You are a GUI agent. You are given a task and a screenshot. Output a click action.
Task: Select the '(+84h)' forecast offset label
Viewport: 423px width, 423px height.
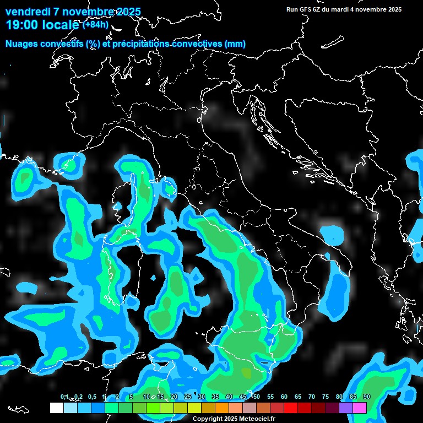click(x=95, y=25)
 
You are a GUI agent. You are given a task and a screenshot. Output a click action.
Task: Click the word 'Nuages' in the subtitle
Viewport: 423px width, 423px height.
click(x=21, y=44)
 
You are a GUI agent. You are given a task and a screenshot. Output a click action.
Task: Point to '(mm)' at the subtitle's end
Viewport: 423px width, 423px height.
click(x=235, y=44)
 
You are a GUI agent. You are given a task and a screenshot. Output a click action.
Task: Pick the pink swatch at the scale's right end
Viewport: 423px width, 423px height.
click(x=360, y=408)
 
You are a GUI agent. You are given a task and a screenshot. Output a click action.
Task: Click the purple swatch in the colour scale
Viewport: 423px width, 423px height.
click(x=346, y=408)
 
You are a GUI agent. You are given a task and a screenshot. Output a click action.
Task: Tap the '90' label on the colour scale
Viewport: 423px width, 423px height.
click(x=367, y=397)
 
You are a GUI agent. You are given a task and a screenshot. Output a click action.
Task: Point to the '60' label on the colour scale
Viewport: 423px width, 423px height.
click(x=284, y=397)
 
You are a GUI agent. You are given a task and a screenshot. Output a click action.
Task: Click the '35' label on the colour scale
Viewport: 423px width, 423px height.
click(x=215, y=397)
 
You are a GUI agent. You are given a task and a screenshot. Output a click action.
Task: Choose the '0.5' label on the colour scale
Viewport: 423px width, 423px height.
click(x=92, y=397)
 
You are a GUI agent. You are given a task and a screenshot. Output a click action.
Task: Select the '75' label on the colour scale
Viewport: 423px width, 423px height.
click(x=326, y=397)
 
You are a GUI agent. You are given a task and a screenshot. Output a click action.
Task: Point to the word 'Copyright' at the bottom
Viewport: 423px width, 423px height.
click(x=207, y=419)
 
